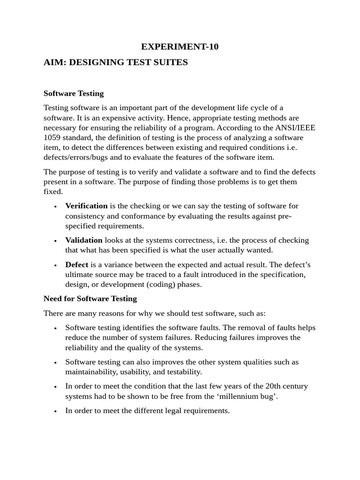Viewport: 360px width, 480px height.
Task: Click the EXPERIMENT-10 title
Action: tap(180, 46)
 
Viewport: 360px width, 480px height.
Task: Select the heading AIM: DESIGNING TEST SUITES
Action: tap(115, 62)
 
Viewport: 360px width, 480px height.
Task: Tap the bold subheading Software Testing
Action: tap(74, 93)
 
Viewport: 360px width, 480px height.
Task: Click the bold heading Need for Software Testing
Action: tap(90, 299)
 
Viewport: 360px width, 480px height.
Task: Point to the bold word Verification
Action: tap(86, 206)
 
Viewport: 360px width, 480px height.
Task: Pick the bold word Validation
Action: tap(84, 240)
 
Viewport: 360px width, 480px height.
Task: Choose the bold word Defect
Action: tap(77, 264)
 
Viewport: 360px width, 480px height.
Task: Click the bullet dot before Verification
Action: tap(55, 206)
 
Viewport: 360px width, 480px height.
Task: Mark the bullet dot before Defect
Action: tap(55, 265)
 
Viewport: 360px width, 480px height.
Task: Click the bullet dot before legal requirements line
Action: tap(55, 411)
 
